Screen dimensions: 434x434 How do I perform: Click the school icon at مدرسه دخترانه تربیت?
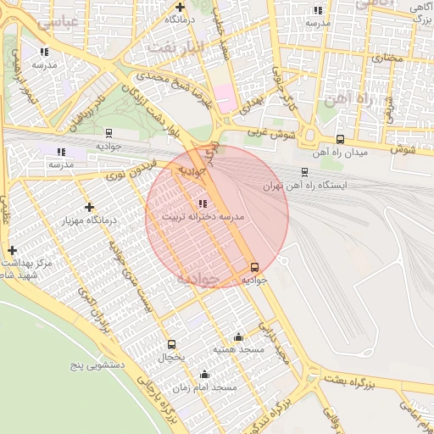click(202, 203)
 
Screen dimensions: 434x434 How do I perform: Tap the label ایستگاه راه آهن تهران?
click(312, 185)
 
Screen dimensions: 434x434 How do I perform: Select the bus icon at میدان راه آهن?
click(341, 140)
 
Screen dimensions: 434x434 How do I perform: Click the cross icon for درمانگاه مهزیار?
click(89, 207)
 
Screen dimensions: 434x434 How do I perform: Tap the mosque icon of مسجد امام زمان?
click(203, 374)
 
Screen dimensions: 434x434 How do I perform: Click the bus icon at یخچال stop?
click(172, 345)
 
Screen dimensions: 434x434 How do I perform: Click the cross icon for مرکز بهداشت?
click(12, 251)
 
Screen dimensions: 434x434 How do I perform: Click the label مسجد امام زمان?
click(212, 387)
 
